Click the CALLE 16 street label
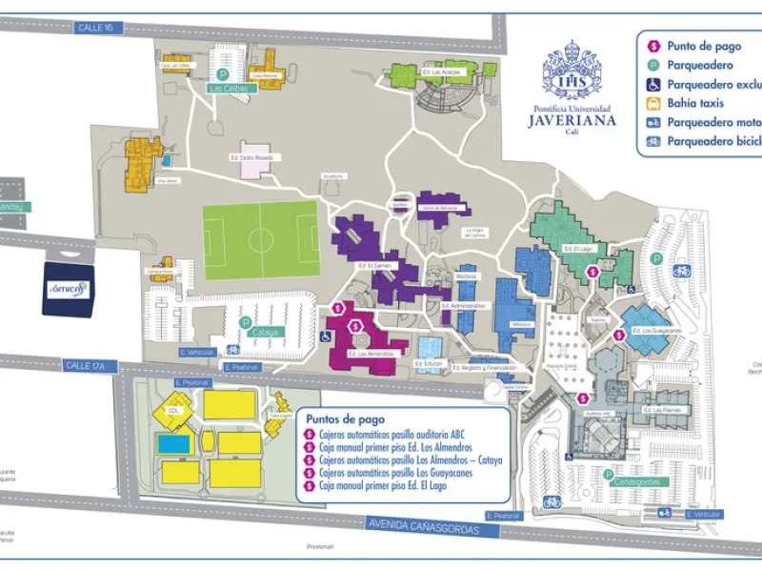(x=95, y=28)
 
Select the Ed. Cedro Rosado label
(x=251, y=156)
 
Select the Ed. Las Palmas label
(x=671, y=410)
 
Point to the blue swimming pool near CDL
(x=175, y=443)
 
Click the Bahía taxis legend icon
(x=654, y=103)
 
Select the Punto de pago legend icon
(x=654, y=46)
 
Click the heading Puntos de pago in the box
(x=342, y=418)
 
